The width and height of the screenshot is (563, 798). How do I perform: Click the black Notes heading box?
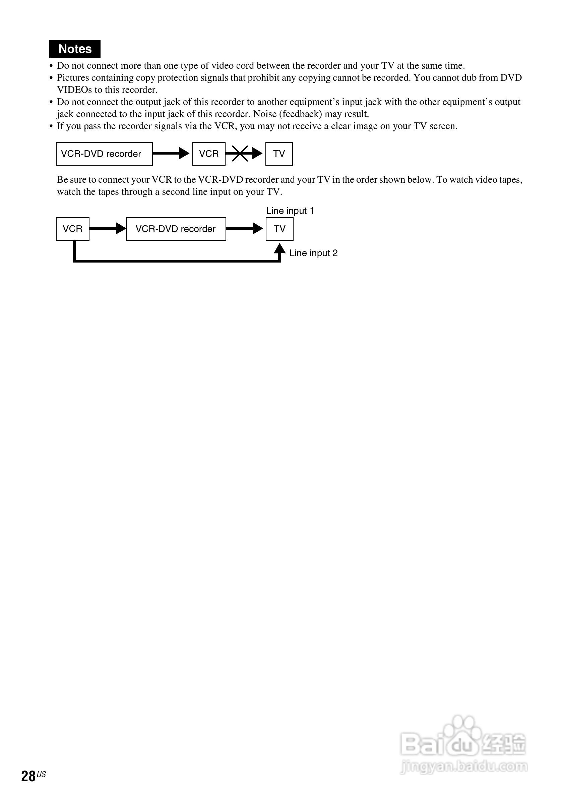(75, 49)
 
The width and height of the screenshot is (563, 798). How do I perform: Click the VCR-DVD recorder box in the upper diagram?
(104, 154)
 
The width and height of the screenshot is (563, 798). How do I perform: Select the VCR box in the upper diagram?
(209, 154)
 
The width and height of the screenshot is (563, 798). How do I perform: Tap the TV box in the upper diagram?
(279, 154)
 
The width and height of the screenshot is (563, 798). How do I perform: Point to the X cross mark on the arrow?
(240, 153)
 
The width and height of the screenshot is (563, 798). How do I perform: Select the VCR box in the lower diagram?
(73, 229)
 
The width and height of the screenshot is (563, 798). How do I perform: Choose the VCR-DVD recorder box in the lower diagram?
(176, 229)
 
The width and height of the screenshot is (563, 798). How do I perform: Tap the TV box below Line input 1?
(279, 229)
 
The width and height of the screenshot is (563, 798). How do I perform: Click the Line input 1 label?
(290, 211)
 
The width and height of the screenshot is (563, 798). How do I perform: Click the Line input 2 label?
(313, 253)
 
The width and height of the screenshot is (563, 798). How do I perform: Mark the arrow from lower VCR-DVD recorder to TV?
(244, 228)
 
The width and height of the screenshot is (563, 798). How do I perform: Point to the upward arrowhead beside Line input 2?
(279, 249)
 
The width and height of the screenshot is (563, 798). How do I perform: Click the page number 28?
(28, 776)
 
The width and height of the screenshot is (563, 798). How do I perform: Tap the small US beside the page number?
(41, 775)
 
